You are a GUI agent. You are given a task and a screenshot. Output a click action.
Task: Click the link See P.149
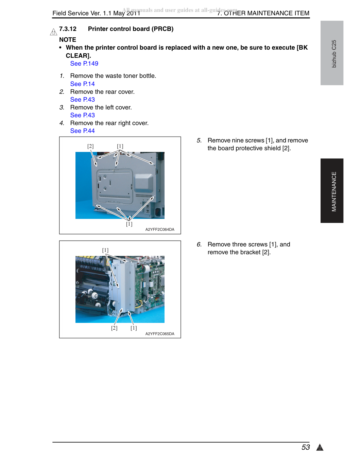pyautogui.click(x=84, y=64)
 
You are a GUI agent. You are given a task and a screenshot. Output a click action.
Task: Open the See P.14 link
pyautogui.click(x=82, y=84)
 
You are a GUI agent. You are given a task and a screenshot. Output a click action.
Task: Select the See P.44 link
pyautogui.click(x=82, y=131)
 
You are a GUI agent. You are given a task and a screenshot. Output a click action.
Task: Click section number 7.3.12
pyautogui.click(x=68, y=29)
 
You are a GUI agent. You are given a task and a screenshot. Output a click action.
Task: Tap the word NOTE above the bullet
pyautogui.click(x=68, y=40)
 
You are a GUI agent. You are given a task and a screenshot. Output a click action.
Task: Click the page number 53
pyautogui.click(x=305, y=447)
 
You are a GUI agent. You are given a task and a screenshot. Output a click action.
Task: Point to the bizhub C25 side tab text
pyautogui.click(x=334, y=54)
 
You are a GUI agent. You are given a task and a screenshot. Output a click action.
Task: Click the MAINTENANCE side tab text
pyautogui.click(x=334, y=191)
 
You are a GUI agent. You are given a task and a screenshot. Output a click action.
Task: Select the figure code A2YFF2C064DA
pyautogui.click(x=160, y=229)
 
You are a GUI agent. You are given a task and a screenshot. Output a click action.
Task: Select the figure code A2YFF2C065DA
pyautogui.click(x=160, y=333)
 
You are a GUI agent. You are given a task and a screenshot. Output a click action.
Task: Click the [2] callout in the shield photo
pyautogui.click(x=90, y=146)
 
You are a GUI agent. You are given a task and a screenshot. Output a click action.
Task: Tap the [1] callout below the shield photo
pyautogui.click(x=129, y=224)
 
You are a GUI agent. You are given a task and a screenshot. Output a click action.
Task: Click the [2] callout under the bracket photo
pyautogui.click(x=114, y=328)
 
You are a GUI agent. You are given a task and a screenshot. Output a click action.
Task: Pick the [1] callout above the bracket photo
pyautogui.click(x=105, y=250)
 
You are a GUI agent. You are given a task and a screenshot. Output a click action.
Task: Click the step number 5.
pyautogui.click(x=199, y=141)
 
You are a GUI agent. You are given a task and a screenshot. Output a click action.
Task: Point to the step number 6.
pyautogui.click(x=199, y=245)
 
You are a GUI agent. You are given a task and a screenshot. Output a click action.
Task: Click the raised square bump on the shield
pyautogui.click(x=144, y=183)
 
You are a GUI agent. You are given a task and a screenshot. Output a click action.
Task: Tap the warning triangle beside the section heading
pyautogui.click(x=53, y=32)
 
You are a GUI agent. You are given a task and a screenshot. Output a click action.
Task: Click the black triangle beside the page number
pyautogui.click(x=320, y=447)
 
